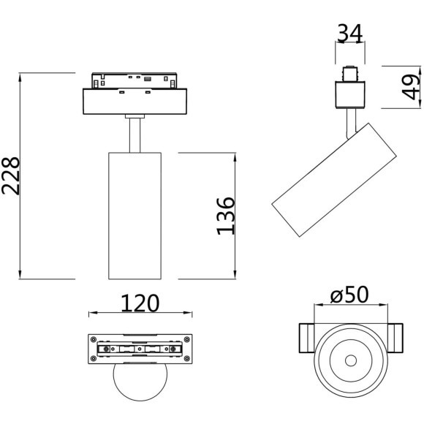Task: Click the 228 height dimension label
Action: pos(11,175)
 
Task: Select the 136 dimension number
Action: pos(225,216)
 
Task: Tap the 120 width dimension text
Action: pos(140,303)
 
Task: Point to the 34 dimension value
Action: pos(350,34)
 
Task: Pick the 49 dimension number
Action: pos(412,87)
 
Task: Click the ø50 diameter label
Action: pos(349,294)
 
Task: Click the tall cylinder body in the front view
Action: pos(135,216)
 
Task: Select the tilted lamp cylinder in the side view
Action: pos(334,180)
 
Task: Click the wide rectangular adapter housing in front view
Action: pos(135,102)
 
